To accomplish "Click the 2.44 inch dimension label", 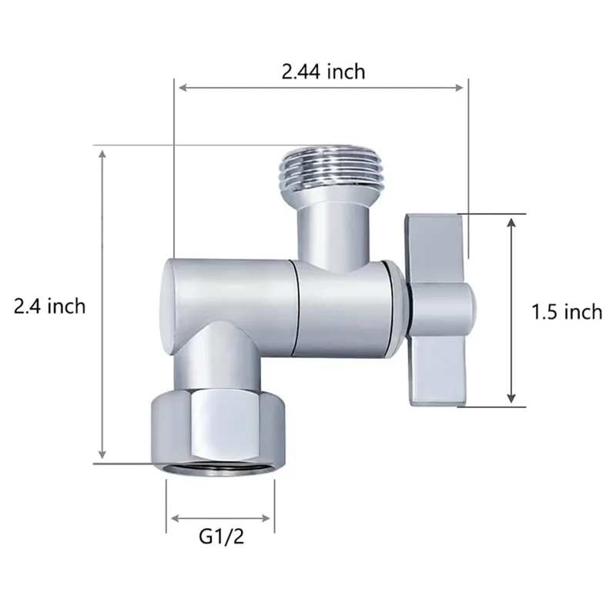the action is pos(323,72).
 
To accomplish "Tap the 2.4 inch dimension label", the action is pos(50,306).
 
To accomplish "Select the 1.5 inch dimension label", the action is pos(567,312).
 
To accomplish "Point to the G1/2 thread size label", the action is pos(222,537).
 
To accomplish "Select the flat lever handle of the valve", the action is pos(436,310).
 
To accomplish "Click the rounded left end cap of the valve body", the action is pos(167,307).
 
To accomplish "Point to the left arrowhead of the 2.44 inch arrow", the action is pos(182,87).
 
